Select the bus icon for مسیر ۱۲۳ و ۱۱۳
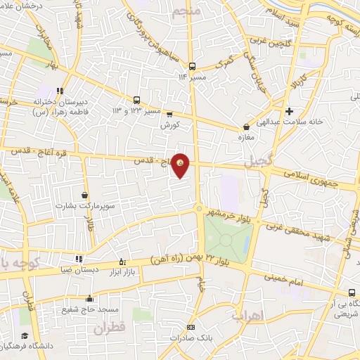(x=136, y=100)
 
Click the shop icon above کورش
(x=169, y=115)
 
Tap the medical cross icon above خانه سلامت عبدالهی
(x=289, y=110)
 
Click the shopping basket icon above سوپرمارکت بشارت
(x=85, y=195)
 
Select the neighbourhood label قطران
(x=108, y=327)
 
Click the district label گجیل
(x=257, y=163)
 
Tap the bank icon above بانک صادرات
(x=191, y=328)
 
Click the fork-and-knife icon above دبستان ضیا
(x=79, y=259)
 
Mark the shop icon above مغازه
(x=246, y=127)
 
